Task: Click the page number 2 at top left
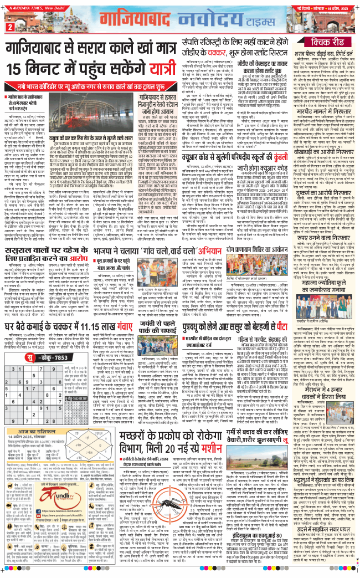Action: (x=9, y=27)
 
